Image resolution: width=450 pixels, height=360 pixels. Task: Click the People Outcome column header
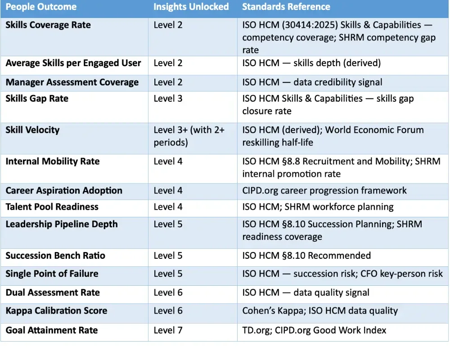(41, 7)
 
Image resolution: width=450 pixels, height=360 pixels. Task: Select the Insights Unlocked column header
(191, 7)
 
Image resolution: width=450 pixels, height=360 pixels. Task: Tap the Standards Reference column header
(286, 7)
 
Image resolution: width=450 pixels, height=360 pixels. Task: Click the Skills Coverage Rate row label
(48, 25)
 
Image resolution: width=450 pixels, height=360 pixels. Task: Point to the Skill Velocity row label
(32, 130)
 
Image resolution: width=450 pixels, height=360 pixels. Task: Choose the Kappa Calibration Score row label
(56, 311)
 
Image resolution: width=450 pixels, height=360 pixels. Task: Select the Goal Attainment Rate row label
(51, 330)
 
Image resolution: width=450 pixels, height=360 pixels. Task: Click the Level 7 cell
(168, 330)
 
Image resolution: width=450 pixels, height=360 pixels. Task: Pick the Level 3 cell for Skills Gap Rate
(168, 99)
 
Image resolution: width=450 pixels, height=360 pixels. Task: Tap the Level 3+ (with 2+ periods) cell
(189, 136)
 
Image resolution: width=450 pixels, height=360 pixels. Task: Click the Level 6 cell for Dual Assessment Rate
(168, 292)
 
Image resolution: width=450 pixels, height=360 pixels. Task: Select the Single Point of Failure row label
(52, 274)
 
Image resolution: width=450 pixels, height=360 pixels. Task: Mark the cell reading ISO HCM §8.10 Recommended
(306, 256)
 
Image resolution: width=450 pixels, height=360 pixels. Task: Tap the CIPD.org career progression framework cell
(324, 190)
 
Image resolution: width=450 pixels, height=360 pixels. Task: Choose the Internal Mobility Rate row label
(52, 162)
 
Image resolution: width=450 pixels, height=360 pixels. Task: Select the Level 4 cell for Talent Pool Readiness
(168, 207)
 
